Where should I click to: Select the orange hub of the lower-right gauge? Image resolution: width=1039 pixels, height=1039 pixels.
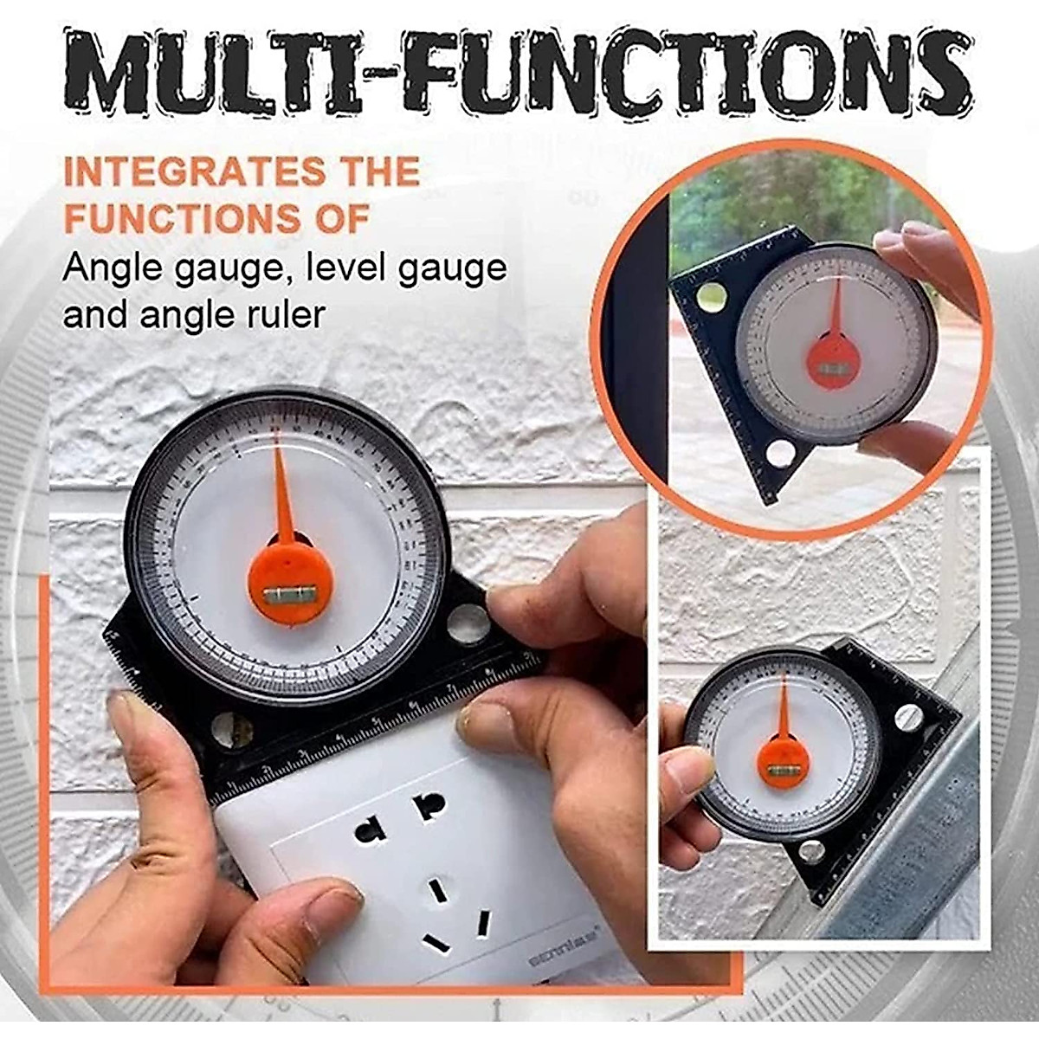782,760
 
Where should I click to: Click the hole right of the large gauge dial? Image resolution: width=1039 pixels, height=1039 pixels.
468,623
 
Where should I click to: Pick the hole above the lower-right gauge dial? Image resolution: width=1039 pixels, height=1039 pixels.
907,715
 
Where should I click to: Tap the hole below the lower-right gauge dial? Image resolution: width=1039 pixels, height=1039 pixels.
810,851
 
